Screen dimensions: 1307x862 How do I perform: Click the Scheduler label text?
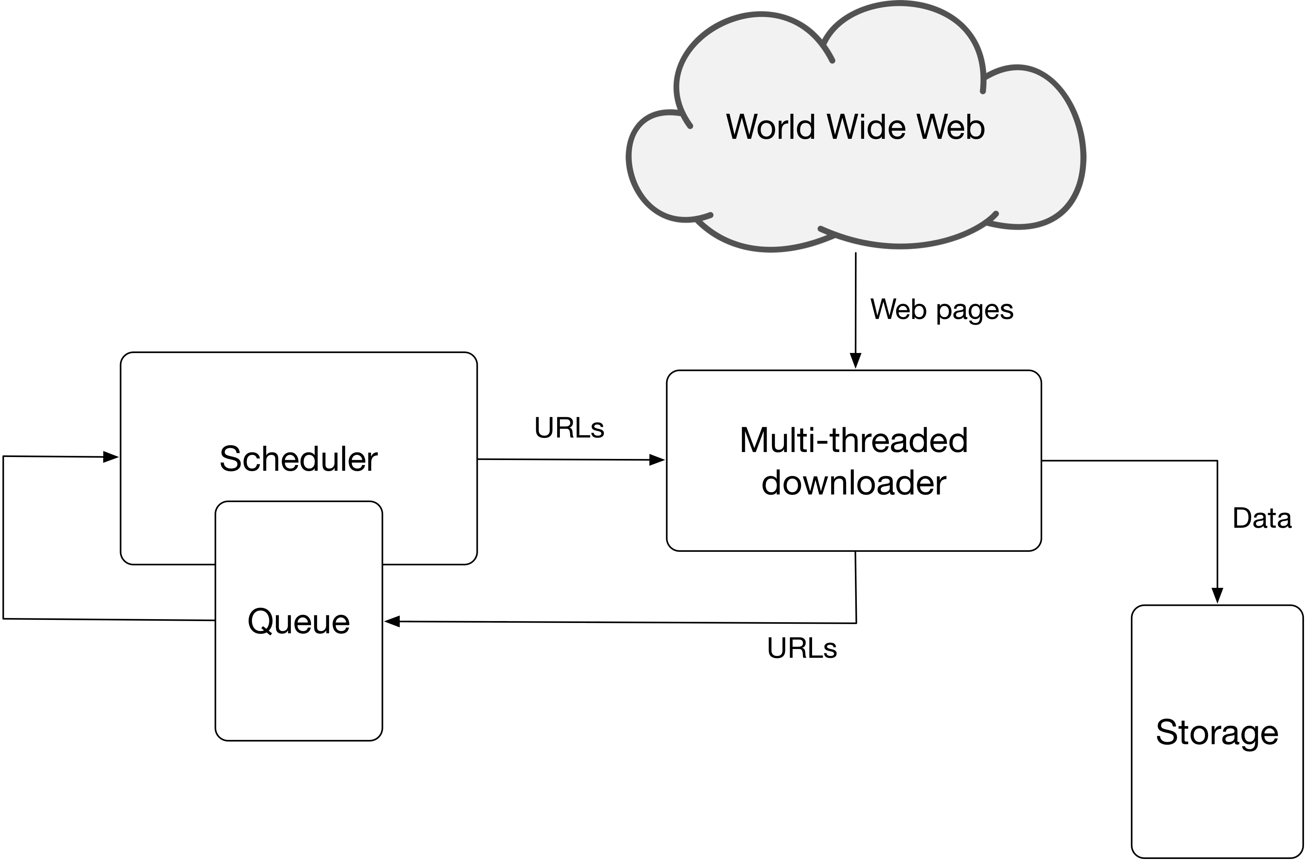(298, 459)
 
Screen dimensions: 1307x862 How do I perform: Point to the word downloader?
(854, 483)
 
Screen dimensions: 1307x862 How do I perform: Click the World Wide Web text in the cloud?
(855, 127)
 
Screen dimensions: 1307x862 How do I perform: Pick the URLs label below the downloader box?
(802, 648)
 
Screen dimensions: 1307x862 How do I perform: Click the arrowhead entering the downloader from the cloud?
(855, 361)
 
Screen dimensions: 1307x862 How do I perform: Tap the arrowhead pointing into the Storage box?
(1218, 595)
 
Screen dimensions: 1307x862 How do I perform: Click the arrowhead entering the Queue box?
(392, 621)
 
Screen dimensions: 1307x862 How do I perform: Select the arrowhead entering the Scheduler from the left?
(110, 457)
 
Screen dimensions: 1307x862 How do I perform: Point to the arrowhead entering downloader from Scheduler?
(657, 460)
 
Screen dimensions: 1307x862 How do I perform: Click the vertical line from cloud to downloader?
(855, 310)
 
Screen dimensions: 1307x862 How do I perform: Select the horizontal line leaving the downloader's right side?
(1129, 461)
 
